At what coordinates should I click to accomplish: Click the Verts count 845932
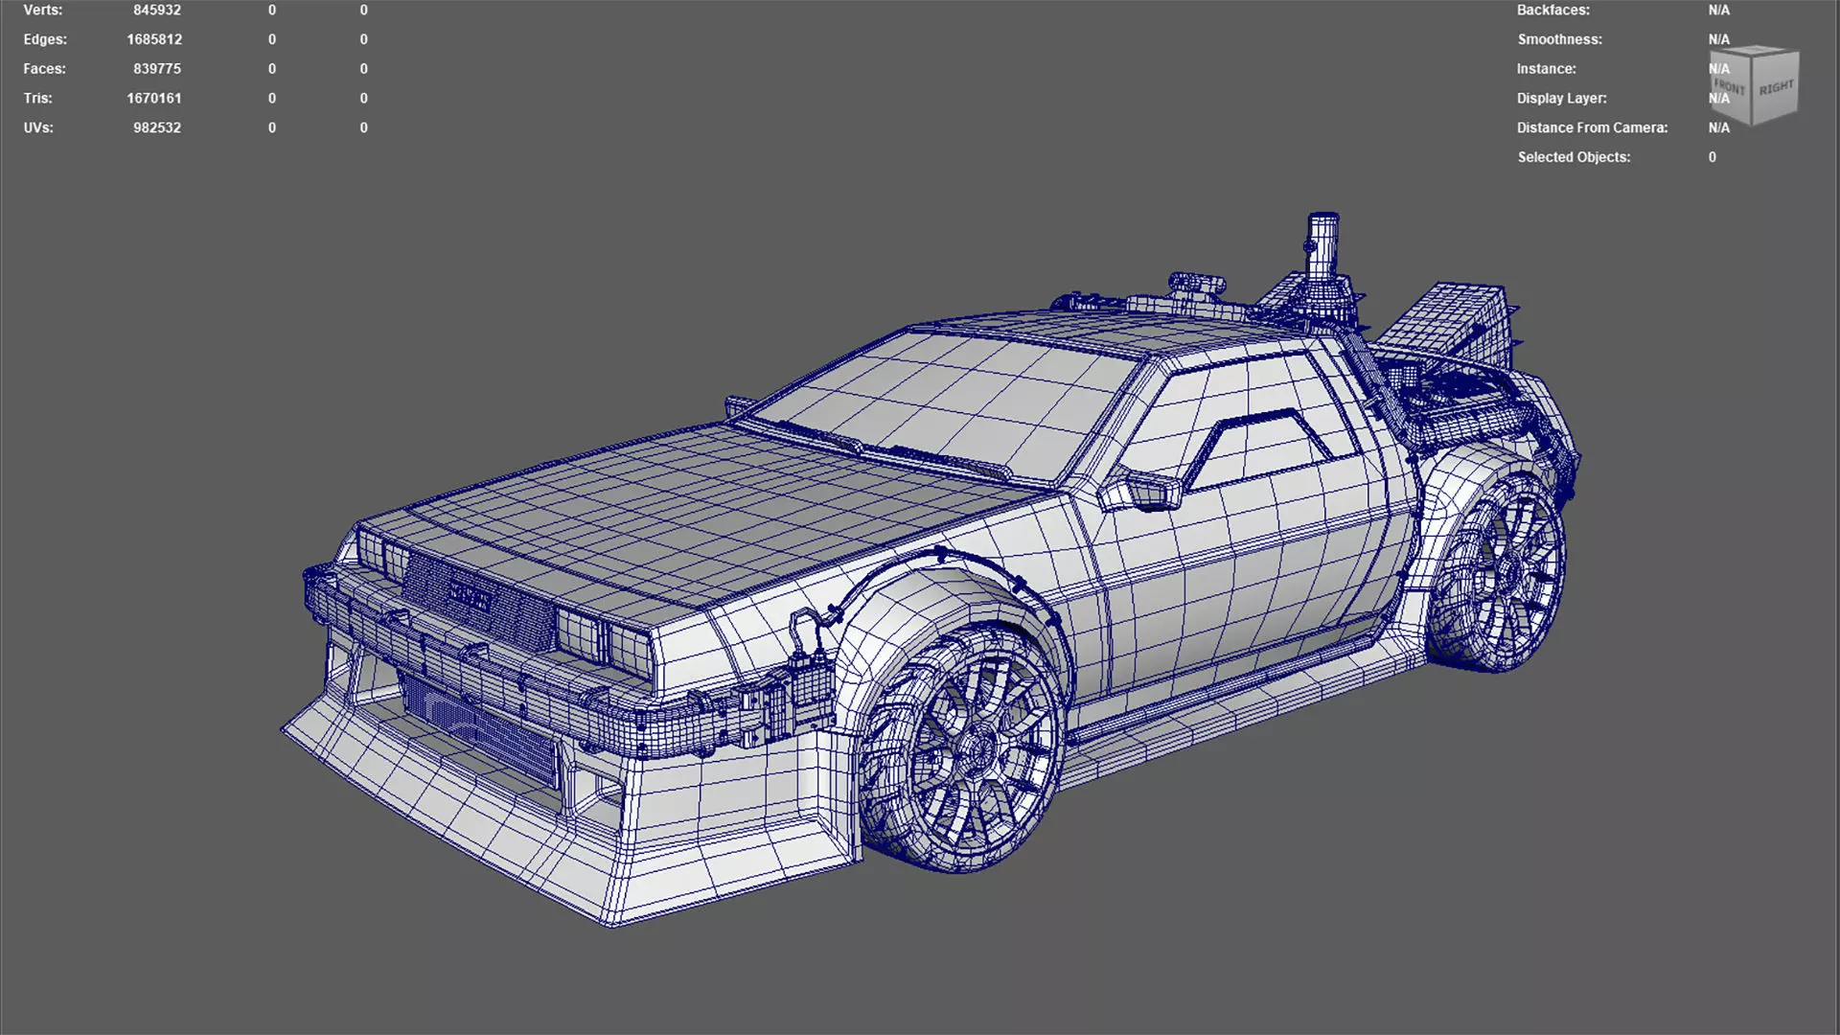(156, 11)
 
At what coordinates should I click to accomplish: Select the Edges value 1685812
(154, 39)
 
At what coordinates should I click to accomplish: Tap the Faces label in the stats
(44, 69)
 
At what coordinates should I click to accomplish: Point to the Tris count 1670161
(153, 98)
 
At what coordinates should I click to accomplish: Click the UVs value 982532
(156, 127)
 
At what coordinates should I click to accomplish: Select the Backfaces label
(1552, 11)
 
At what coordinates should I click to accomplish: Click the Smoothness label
(1559, 39)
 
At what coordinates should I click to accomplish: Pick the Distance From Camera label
(1592, 127)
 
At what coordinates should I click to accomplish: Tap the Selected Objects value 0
(1712, 157)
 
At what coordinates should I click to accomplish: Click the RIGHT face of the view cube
(1776, 88)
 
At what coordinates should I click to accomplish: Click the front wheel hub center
(977, 747)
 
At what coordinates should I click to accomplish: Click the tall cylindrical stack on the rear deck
(1322, 246)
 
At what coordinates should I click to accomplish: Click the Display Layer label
(1561, 98)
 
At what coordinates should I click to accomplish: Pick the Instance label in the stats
(1546, 69)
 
